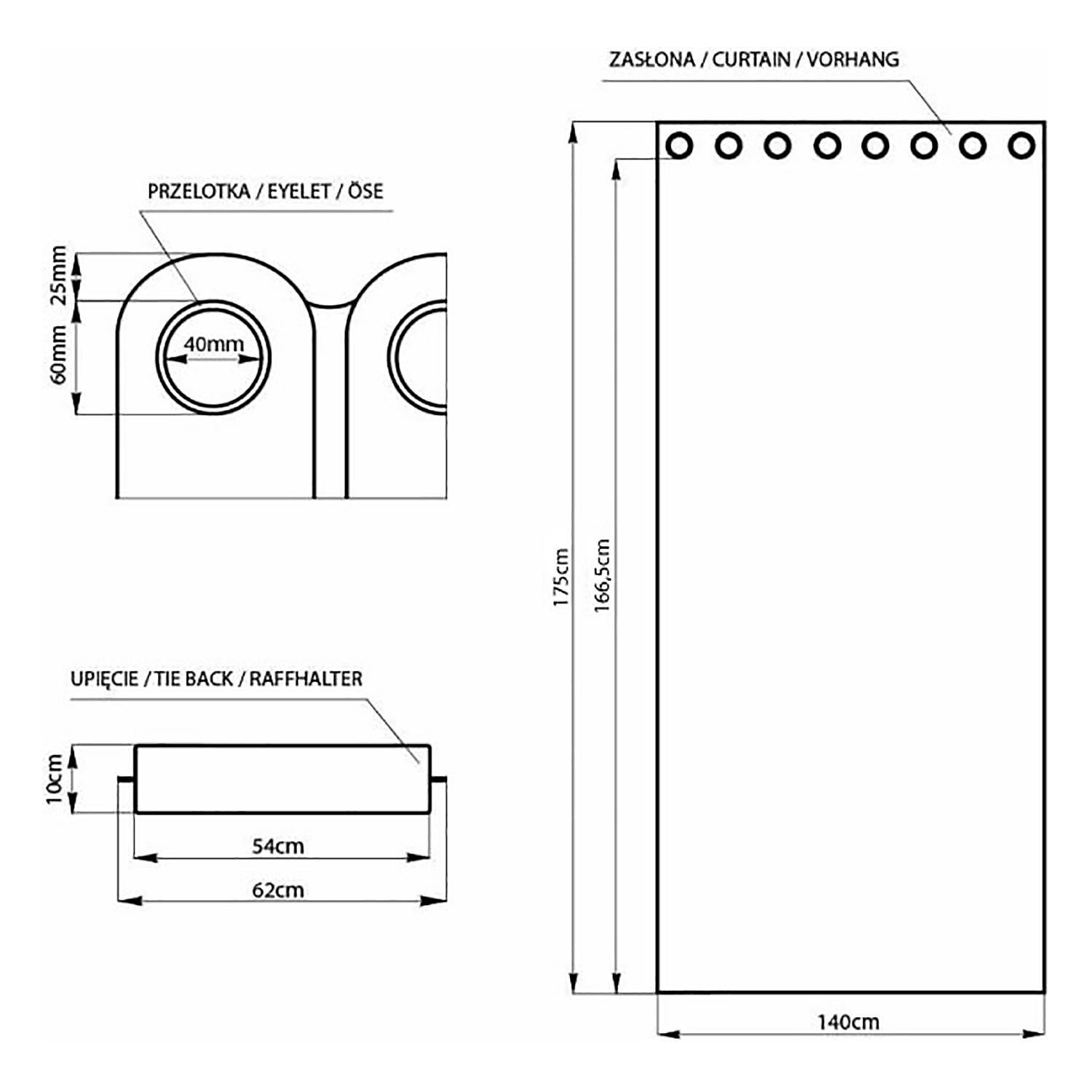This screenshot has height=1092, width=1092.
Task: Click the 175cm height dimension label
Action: (x=561, y=577)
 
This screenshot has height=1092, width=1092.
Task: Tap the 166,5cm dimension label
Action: (x=603, y=575)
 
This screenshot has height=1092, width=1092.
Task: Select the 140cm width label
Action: (x=848, y=1022)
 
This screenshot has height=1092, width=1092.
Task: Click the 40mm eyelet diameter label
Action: (x=213, y=344)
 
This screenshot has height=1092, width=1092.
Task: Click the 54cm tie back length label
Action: (x=278, y=846)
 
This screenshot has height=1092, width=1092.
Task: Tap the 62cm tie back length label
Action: (x=278, y=890)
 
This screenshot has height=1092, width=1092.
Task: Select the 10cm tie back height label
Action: (x=55, y=779)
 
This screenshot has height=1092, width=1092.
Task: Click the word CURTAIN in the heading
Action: (x=751, y=60)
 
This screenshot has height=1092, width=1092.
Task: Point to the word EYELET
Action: (x=299, y=191)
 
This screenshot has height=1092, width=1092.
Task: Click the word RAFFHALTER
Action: (x=306, y=678)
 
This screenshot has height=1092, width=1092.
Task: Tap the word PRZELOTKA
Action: (x=199, y=191)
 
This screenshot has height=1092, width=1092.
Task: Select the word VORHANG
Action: (x=852, y=60)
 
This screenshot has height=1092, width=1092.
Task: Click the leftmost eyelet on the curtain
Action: (x=679, y=146)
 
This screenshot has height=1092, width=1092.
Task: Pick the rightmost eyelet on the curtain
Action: (x=1021, y=146)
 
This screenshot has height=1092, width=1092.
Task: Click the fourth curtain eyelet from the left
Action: (x=826, y=146)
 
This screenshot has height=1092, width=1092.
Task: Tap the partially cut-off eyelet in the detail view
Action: (x=419, y=357)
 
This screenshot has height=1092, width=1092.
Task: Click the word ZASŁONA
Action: (x=652, y=60)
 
